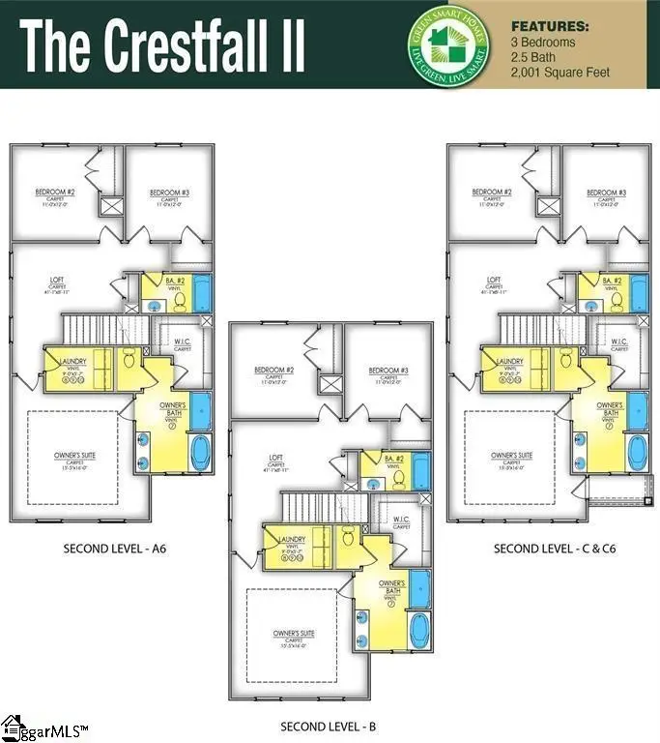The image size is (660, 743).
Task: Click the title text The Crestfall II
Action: click(162, 45)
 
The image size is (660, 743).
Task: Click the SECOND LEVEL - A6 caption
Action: click(115, 549)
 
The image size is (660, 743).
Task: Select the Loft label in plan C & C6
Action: click(494, 281)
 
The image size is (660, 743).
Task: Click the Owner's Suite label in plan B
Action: click(294, 634)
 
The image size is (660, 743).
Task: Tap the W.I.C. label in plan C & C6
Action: click(618, 342)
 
